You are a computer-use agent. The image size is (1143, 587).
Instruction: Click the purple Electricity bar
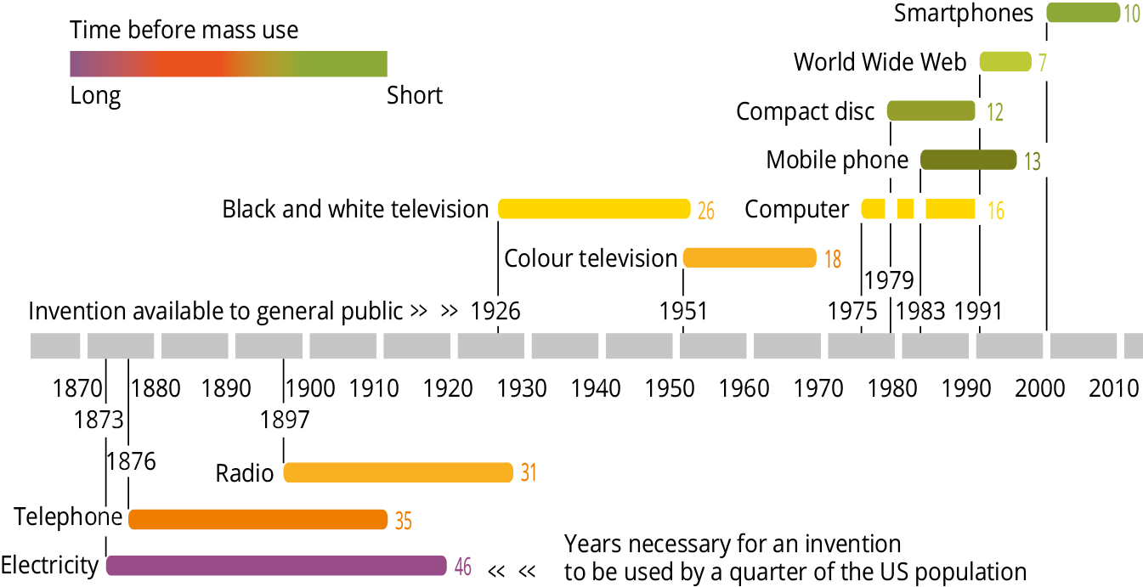(276, 566)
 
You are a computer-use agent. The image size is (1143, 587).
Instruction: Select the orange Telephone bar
(258, 519)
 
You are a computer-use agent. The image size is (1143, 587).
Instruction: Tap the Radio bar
(398, 472)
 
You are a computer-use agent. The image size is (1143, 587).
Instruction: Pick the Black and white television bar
(594, 209)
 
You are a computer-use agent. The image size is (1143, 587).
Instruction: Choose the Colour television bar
(750, 257)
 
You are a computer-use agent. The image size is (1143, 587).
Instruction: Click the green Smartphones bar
(1083, 13)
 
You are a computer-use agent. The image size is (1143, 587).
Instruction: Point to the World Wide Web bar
(1005, 61)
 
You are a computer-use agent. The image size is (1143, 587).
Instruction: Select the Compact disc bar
(931, 110)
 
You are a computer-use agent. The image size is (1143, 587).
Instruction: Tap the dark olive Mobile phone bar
(968, 160)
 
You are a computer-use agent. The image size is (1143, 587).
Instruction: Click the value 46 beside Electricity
(462, 567)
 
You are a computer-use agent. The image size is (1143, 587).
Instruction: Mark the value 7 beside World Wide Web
(1042, 63)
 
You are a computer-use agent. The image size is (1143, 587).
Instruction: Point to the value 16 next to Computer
(995, 211)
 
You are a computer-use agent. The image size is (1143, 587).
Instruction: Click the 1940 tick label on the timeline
(596, 389)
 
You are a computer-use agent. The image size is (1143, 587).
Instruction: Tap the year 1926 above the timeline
(495, 312)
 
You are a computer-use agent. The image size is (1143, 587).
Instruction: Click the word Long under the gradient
(95, 95)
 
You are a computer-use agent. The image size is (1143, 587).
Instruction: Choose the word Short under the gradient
(415, 95)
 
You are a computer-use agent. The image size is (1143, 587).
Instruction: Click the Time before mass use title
(184, 31)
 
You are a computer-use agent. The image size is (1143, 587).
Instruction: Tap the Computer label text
(796, 210)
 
